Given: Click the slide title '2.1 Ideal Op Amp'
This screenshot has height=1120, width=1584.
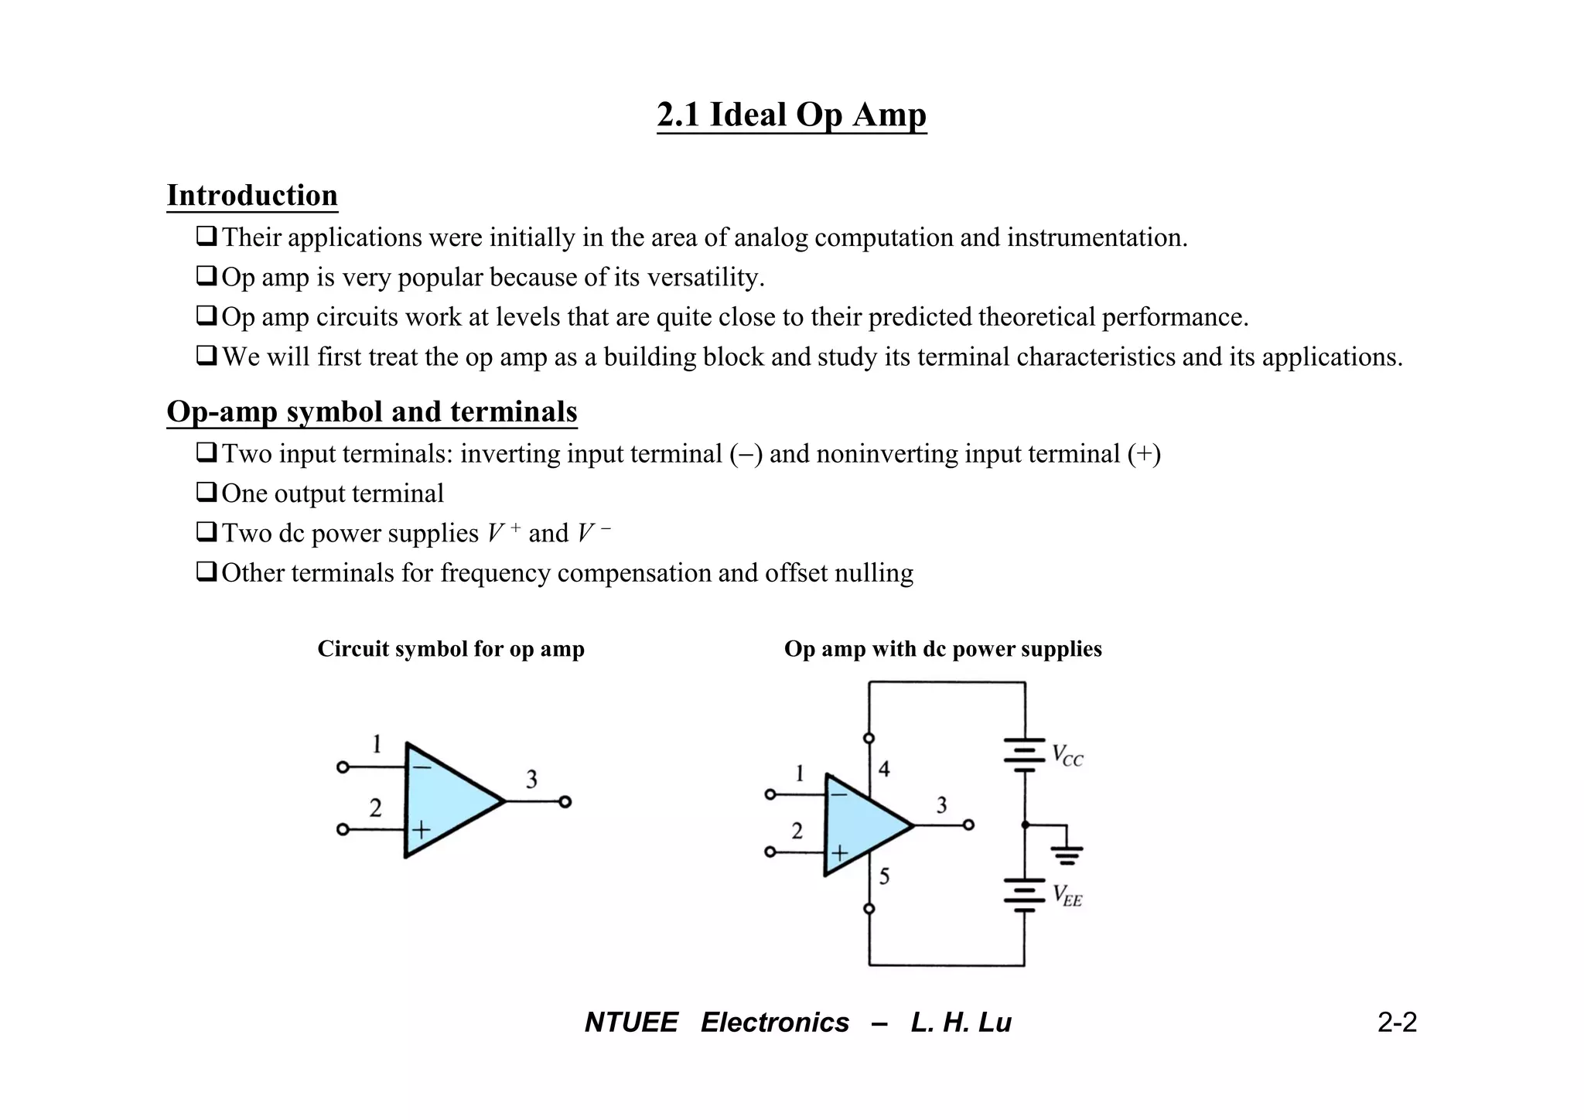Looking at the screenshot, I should (791, 114).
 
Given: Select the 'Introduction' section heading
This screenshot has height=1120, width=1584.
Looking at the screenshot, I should (252, 195).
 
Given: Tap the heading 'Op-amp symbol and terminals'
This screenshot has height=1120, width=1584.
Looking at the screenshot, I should (372, 411).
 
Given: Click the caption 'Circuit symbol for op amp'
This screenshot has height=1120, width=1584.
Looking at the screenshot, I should (451, 648).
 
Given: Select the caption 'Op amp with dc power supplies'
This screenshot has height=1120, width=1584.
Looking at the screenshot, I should (943, 648).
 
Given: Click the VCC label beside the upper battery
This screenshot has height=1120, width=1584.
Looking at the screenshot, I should (1067, 755).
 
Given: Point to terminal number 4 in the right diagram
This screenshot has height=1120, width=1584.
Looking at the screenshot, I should (884, 769).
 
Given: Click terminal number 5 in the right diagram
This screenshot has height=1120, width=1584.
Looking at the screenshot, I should (884, 876).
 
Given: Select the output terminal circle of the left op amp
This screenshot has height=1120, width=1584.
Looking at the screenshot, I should (565, 802).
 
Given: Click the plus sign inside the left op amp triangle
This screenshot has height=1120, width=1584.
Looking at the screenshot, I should (421, 831).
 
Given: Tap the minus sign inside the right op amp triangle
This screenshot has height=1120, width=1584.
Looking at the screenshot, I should (838, 794).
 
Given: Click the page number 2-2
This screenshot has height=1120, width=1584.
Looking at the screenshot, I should (1397, 1023).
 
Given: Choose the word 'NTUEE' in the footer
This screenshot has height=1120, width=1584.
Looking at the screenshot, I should (631, 1023).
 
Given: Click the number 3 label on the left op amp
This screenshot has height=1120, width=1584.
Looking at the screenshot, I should (531, 779).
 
